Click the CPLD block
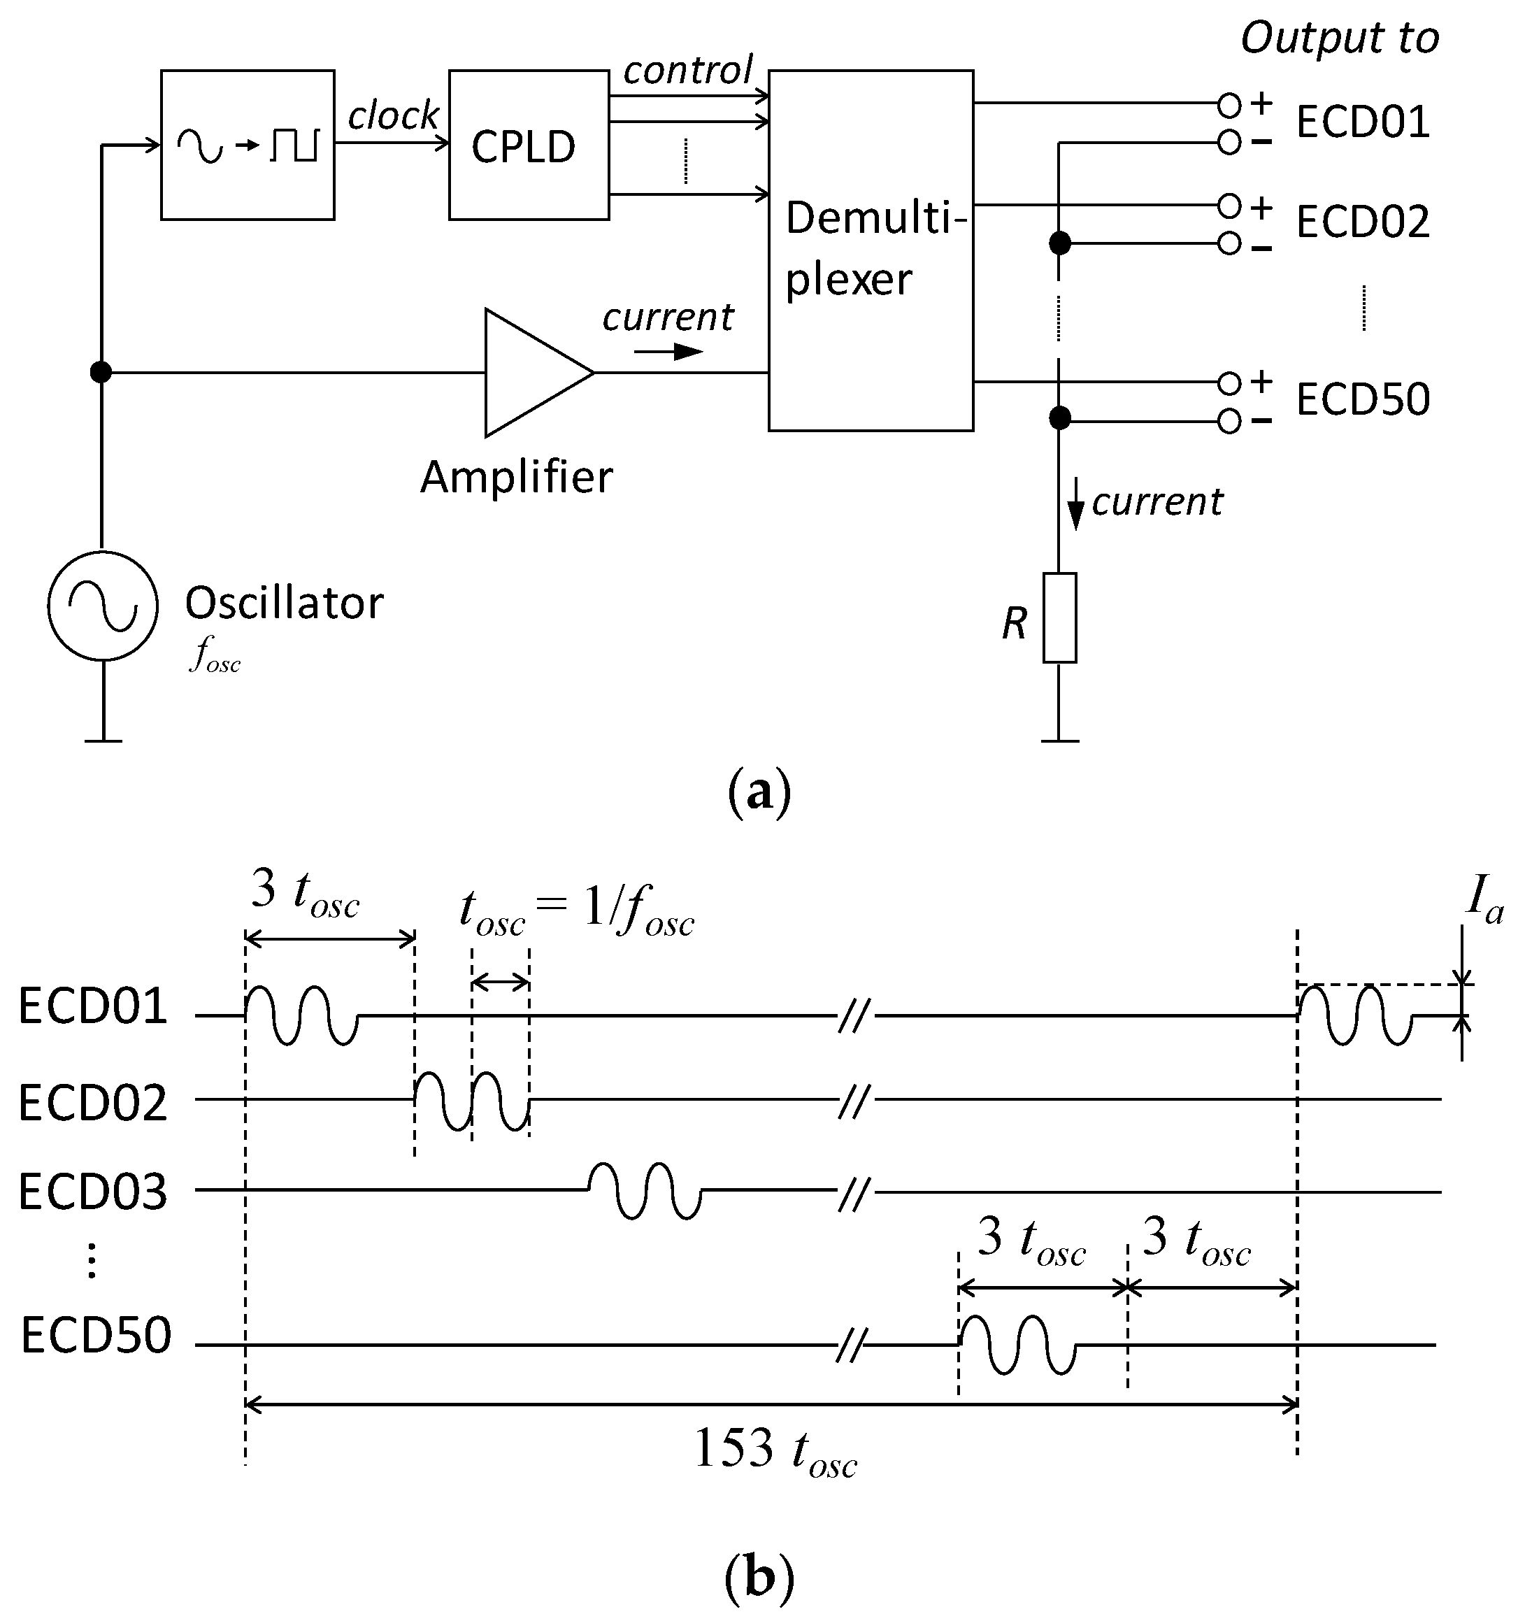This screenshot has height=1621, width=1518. coord(529,145)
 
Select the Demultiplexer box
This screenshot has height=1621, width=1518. coord(870,250)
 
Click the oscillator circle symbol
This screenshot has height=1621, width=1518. coord(102,605)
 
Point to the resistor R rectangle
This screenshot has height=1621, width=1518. coord(1059,617)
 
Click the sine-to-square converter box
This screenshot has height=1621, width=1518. coord(247,145)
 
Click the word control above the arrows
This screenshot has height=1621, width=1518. coord(687,70)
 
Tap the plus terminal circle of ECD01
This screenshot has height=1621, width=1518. coord(1229,105)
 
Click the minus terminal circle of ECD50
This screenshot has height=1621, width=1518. coord(1229,422)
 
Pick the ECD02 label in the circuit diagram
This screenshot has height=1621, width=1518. coord(1362,222)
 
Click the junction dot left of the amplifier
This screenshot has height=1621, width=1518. coord(100,373)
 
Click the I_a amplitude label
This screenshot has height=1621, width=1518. coord(1484,901)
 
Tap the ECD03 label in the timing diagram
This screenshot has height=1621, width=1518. coord(92,1192)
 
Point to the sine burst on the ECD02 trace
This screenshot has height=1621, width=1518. coord(471,1101)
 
